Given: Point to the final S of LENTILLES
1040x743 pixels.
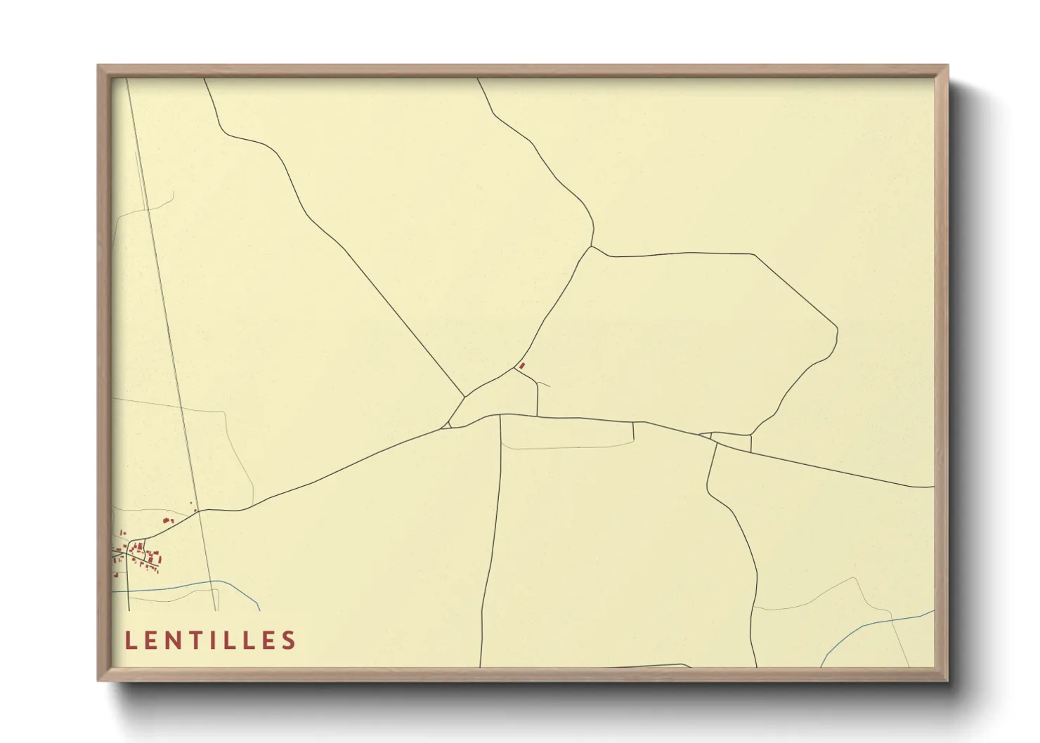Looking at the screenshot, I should tap(288, 640).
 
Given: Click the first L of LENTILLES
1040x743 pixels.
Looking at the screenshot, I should tap(130, 640).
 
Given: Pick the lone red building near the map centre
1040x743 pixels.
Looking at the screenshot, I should tap(521, 366).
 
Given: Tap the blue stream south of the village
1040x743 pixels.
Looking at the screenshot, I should tap(176, 586).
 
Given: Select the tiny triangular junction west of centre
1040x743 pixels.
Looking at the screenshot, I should tap(446, 424).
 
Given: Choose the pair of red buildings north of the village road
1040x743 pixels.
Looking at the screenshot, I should tap(167, 520).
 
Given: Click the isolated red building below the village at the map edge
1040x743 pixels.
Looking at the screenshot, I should tap(116, 575).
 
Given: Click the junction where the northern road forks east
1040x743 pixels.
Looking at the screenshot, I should tap(592, 246).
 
